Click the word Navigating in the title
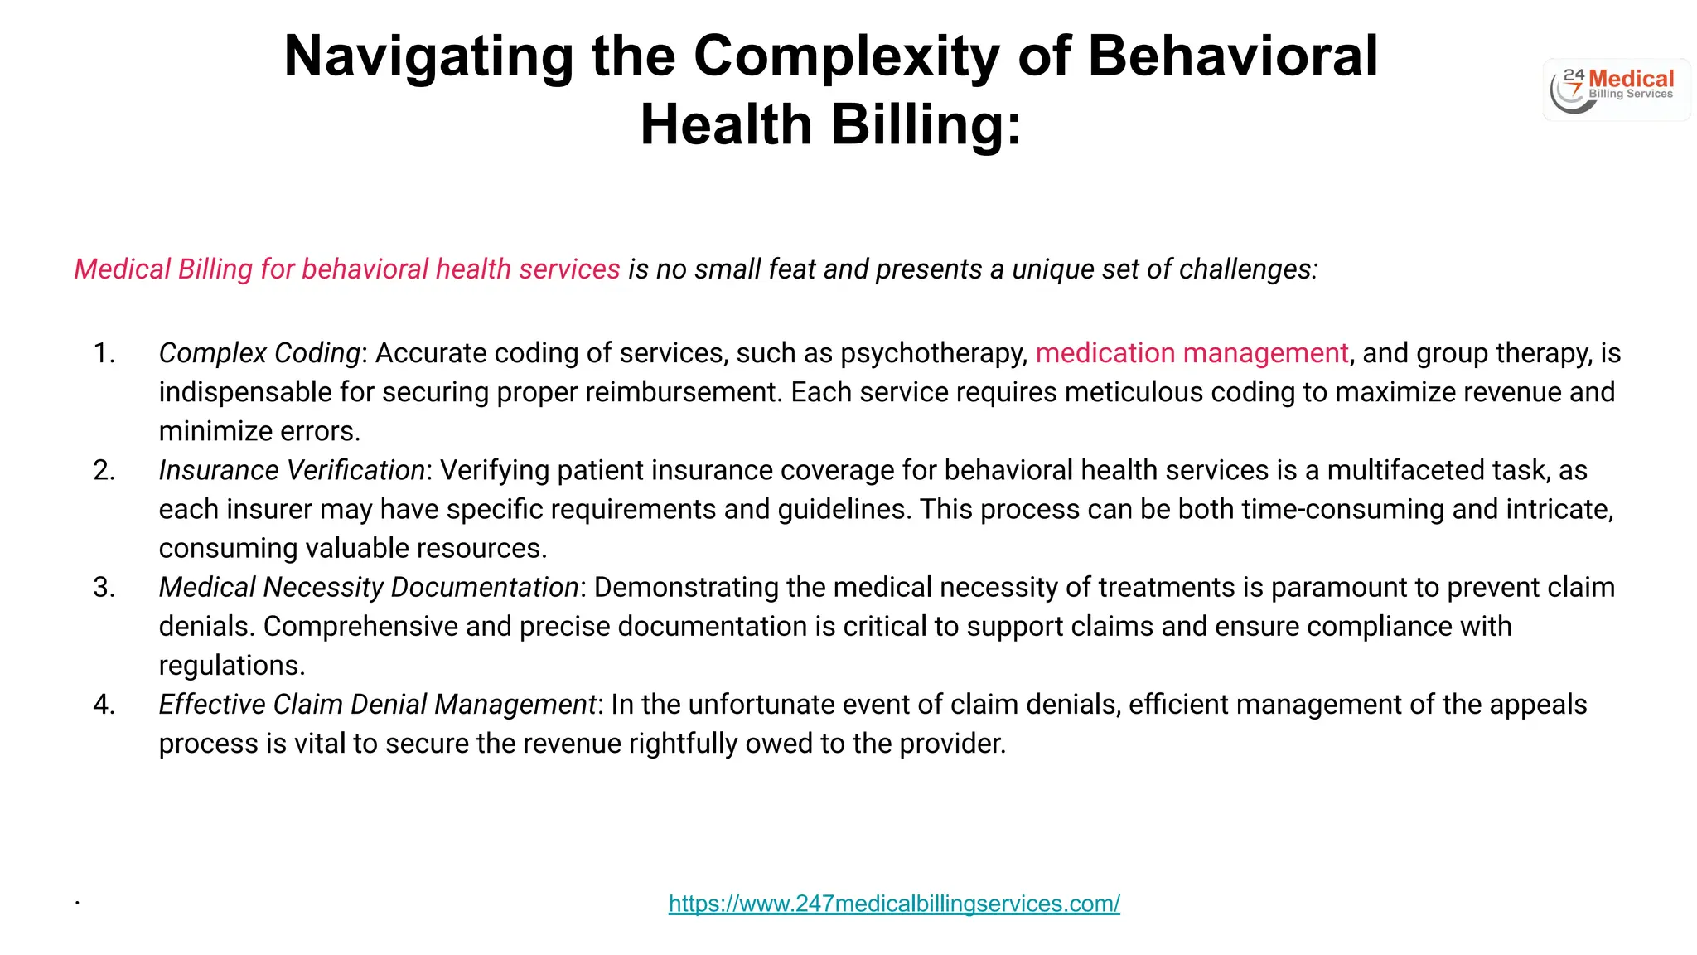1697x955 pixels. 428,56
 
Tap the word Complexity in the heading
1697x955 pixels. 846,56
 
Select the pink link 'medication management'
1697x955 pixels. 1192,353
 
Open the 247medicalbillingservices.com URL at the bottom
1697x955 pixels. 894,904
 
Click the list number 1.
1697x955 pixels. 104,353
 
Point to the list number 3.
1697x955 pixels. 104,588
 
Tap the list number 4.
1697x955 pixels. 104,705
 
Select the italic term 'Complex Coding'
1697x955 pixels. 259,353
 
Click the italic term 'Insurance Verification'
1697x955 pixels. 292,471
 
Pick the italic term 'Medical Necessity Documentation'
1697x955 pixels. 369,588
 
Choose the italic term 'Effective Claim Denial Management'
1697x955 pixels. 377,705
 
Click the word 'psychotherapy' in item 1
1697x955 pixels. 934,353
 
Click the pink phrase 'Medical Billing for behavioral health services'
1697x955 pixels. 347,269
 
